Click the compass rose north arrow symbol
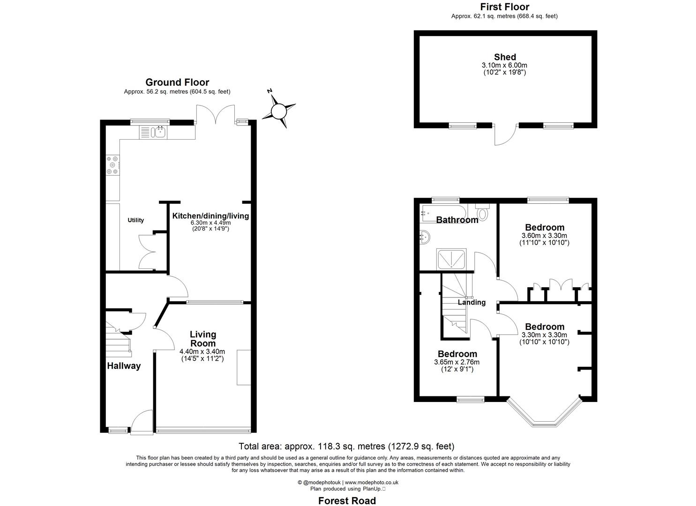[x=279, y=111]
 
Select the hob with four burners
[x=113, y=165]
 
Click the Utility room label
[x=136, y=220]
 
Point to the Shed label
[x=505, y=57]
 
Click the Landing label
[x=471, y=303]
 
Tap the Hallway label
[x=124, y=366]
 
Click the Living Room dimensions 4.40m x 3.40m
[x=202, y=352]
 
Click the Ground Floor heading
[x=177, y=82]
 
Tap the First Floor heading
[x=505, y=7]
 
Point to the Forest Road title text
[x=347, y=501]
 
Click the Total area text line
[x=346, y=446]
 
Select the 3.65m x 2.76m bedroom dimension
[x=457, y=362]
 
